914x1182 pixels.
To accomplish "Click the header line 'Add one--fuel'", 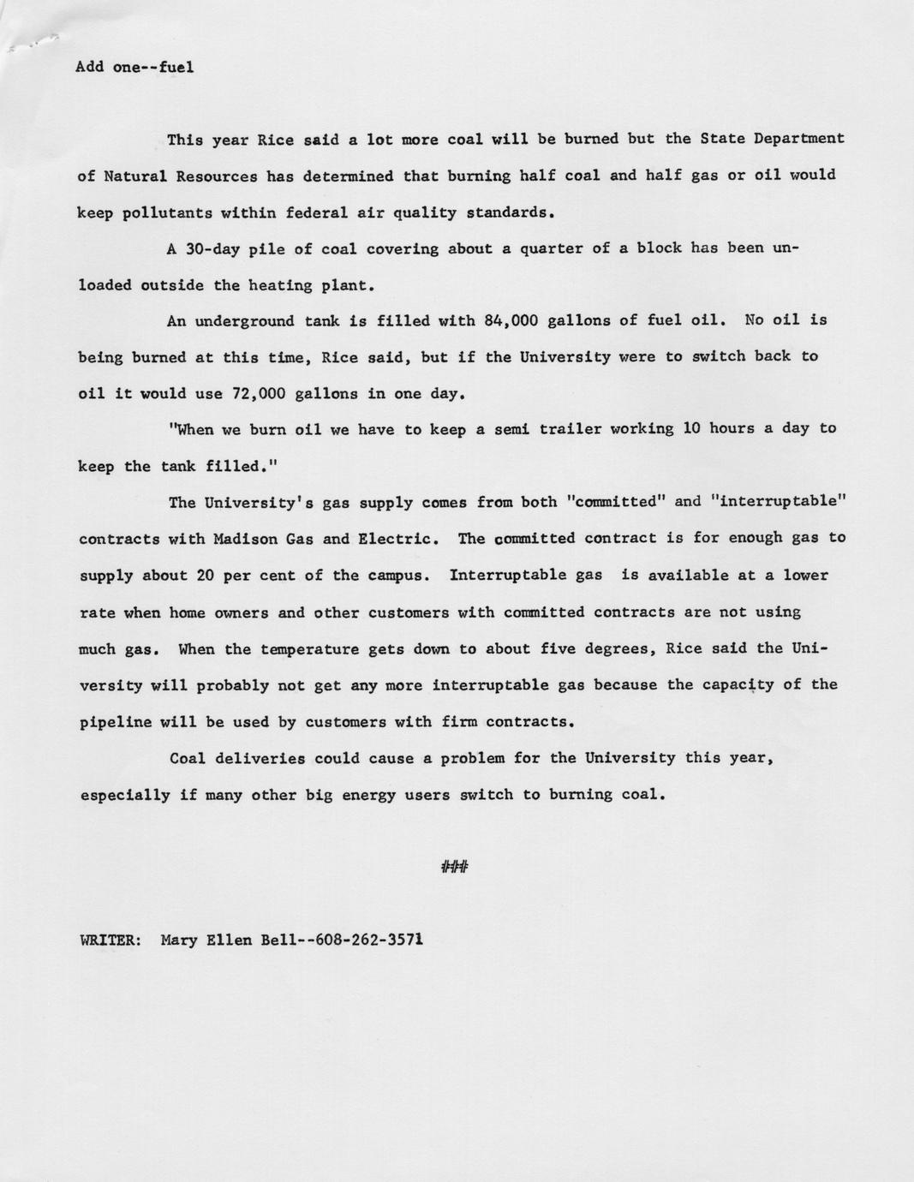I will [x=134, y=67].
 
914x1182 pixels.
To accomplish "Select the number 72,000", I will [x=259, y=394].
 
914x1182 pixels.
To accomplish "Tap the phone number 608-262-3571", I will [x=369, y=940].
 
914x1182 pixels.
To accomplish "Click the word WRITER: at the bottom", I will [x=111, y=940].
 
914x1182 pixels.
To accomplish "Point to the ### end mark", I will [x=454, y=868].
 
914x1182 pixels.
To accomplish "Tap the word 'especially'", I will [x=125, y=796].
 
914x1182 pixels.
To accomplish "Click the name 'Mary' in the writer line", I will [x=179, y=940].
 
